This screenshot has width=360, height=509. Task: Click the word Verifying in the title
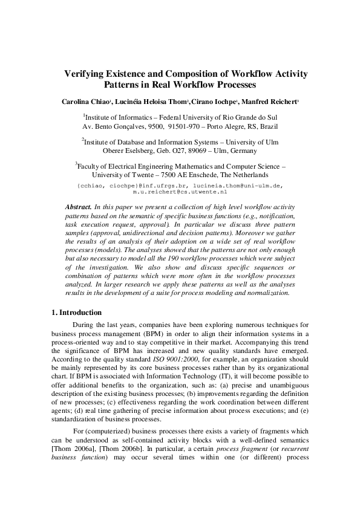[x=85, y=74]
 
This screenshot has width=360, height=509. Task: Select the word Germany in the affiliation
[x=241, y=151]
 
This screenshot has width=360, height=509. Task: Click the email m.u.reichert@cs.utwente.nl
[x=180, y=190]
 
